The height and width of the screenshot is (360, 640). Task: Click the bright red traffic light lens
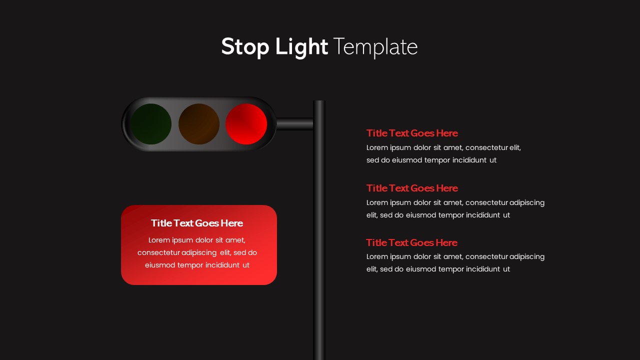pos(246,124)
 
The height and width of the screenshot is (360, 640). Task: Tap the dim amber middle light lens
pos(199,124)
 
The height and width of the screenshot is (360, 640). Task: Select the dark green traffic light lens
pos(151,124)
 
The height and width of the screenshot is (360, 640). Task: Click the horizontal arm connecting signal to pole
pos(294,124)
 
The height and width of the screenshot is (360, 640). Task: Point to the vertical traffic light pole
pos(319,225)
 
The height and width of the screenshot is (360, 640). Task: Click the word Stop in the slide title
pos(243,46)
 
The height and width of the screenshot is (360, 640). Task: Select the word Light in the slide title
pos(301,46)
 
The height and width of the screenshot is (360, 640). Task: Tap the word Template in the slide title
pos(375,46)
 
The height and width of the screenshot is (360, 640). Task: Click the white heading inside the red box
pos(197,223)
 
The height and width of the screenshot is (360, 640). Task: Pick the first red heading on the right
pos(412,133)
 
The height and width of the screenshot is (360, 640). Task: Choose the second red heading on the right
pos(412,188)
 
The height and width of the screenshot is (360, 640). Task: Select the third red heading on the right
pos(411,242)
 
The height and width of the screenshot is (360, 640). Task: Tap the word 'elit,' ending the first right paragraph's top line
pos(515,147)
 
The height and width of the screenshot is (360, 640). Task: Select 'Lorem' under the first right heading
pos(377,147)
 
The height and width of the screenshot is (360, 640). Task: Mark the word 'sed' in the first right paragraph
pos(373,160)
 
